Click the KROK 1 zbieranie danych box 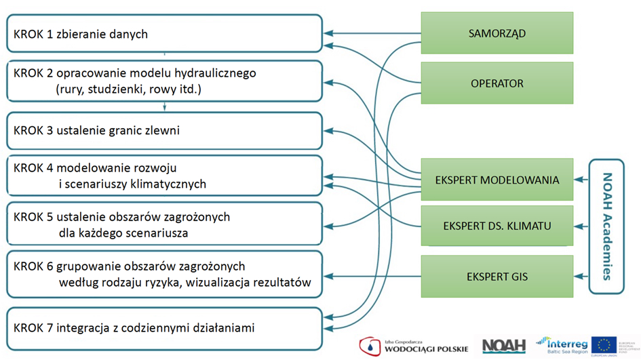163,33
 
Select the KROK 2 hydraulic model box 163,81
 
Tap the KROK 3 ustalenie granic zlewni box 163,130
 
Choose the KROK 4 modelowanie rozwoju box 163,176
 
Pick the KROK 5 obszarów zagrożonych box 163,224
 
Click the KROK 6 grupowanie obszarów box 163,274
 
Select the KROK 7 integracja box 163,329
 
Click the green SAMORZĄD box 497,33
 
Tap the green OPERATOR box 497,83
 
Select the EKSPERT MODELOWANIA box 497,180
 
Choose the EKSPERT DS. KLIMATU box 497,226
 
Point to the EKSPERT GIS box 497,276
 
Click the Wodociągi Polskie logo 413,346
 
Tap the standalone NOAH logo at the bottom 504,346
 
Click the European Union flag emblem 603,345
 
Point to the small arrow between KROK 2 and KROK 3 164,106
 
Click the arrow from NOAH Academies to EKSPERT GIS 581,276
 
